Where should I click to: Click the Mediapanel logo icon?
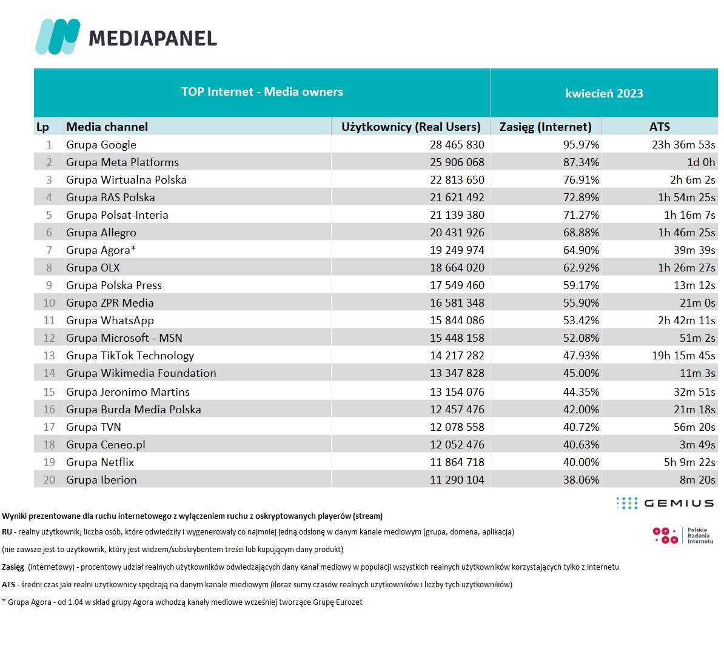coord(58,37)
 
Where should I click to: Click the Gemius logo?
coord(665,503)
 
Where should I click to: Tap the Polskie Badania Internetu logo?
coord(682,536)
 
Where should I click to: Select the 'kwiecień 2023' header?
coord(604,93)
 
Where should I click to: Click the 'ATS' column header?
coord(659,127)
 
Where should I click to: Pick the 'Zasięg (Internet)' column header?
coord(545,127)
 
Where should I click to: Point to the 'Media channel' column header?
coord(107,127)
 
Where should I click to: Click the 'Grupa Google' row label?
coord(101,145)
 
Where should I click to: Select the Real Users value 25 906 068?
coord(457,162)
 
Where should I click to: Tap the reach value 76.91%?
coord(581,180)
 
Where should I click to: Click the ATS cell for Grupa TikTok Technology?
coord(683,356)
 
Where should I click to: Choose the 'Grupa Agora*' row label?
coord(101,250)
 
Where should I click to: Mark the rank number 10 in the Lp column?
coord(49,303)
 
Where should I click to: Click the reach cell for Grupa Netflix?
coord(581,462)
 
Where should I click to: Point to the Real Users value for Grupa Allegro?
coord(457,233)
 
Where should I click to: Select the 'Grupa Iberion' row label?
coord(101,480)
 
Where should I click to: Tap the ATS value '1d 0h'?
coord(701,162)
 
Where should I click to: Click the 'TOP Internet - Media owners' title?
coord(262,92)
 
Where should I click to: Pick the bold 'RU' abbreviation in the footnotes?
coord(7,532)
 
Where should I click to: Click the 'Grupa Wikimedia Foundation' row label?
coord(141,373)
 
